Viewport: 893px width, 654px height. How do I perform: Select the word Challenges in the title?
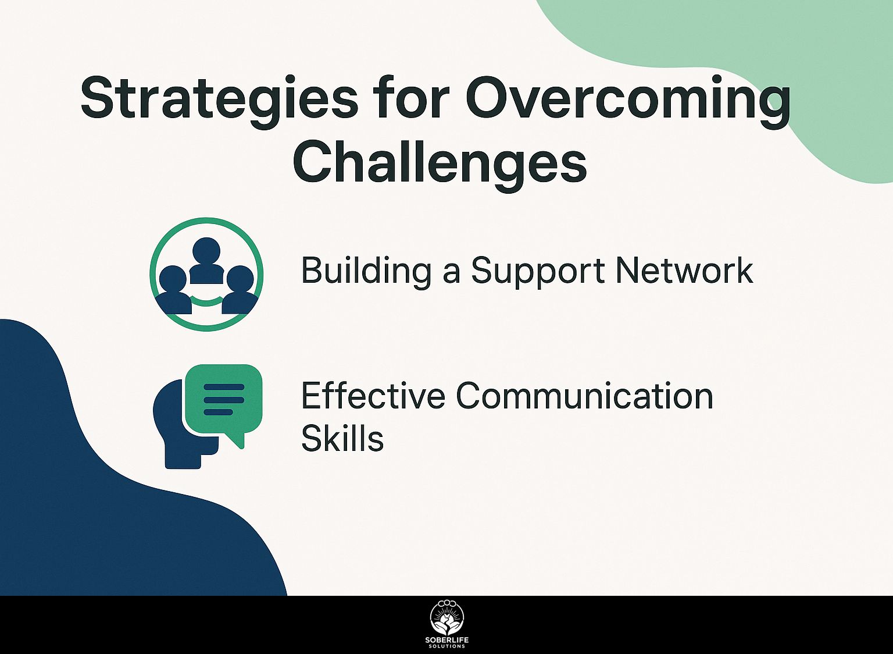(x=440, y=163)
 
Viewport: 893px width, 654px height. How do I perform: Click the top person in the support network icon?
(x=206, y=260)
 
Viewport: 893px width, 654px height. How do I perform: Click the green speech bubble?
(x=224, y=401)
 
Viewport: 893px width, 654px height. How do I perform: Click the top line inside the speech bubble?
(x=224, y=387)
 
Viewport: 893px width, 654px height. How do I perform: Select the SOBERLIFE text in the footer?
(x=447, y=640)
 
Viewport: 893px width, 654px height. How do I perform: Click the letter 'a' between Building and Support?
(x=451, y=275)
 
